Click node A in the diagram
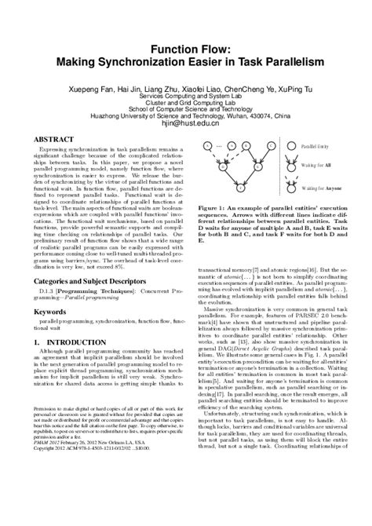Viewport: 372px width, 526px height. coord(204,146)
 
